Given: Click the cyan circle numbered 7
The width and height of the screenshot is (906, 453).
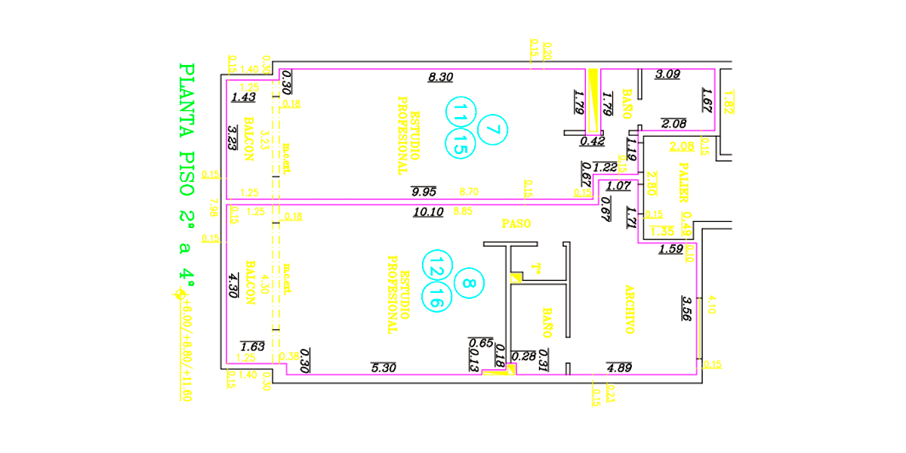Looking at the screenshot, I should tap(492, 129).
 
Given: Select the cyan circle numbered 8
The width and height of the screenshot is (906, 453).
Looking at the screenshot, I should tap(468, 284).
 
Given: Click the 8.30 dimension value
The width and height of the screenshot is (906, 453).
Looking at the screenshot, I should tap(440, 76).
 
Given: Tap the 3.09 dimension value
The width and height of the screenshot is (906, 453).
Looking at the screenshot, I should tap(667, 74).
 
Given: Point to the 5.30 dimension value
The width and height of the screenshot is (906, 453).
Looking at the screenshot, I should tap(384, 368).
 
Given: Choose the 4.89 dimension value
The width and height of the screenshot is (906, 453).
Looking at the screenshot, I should tap(619, 368).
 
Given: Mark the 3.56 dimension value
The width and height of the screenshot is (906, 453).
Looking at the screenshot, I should tap(686, 310).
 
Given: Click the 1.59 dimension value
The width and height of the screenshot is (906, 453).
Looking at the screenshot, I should tap(670, 249).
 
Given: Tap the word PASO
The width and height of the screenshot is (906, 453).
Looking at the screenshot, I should tap(517, 223).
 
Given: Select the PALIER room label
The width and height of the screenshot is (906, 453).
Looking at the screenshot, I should tap(684, 182).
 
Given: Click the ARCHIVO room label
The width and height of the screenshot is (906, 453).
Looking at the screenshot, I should tap(627, 309).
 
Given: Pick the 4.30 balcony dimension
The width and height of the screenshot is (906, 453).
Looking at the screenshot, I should tap(233, 286).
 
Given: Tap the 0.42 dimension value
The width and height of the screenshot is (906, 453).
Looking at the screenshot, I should tap(592, 140).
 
